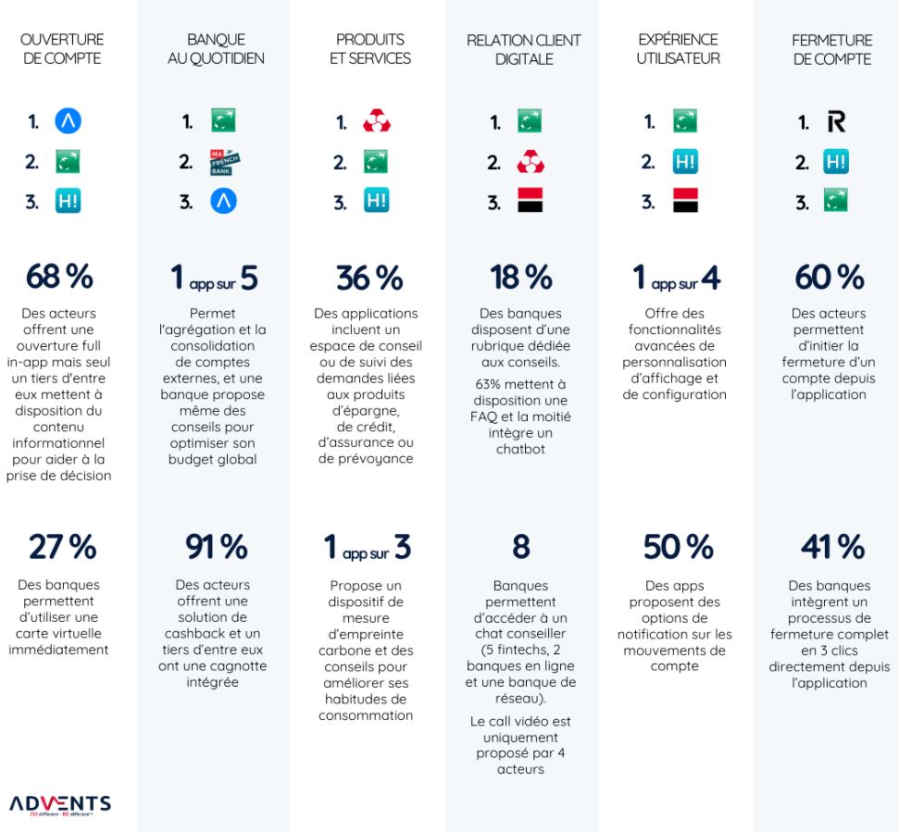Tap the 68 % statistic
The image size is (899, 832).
62,277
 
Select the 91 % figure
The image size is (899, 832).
214,548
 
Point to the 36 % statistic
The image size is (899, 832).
369,277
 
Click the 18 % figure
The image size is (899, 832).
522,277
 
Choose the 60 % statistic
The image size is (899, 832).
830,277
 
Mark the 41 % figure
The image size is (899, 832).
830,548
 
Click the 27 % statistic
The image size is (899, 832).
62,548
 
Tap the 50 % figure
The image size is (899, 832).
677,548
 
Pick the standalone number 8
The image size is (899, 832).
522,548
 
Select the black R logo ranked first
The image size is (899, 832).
836,122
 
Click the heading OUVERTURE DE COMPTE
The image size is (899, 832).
62,49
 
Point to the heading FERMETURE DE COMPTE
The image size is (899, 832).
831,49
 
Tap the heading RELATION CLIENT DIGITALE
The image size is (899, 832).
524,49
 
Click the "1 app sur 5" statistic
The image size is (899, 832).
214,277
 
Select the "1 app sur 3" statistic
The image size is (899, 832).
368,548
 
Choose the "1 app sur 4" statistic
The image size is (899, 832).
677,277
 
